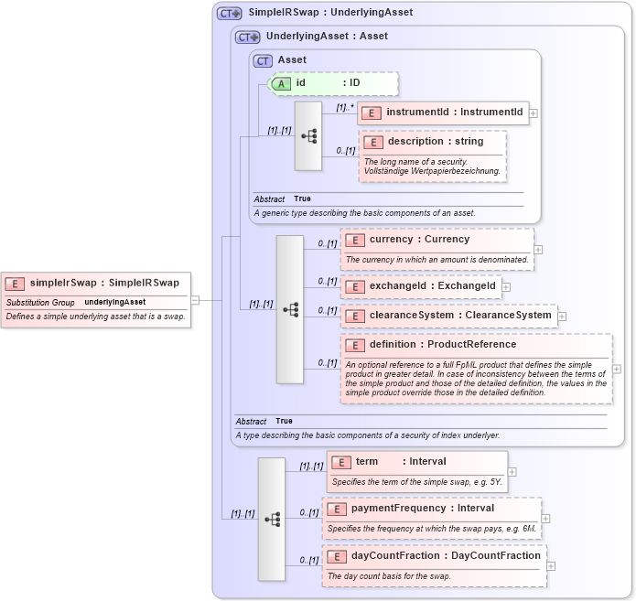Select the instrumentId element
click(443, 113)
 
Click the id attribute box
click(334, 83)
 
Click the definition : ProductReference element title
click(442, 345)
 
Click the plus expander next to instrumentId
click(534, 113)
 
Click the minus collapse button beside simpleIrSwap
click(195, 299)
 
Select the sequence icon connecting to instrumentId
click(308, 135)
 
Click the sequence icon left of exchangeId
click(290, 309)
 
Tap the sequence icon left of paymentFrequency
click(272, 519)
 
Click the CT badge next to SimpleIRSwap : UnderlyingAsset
click(229, 13)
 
